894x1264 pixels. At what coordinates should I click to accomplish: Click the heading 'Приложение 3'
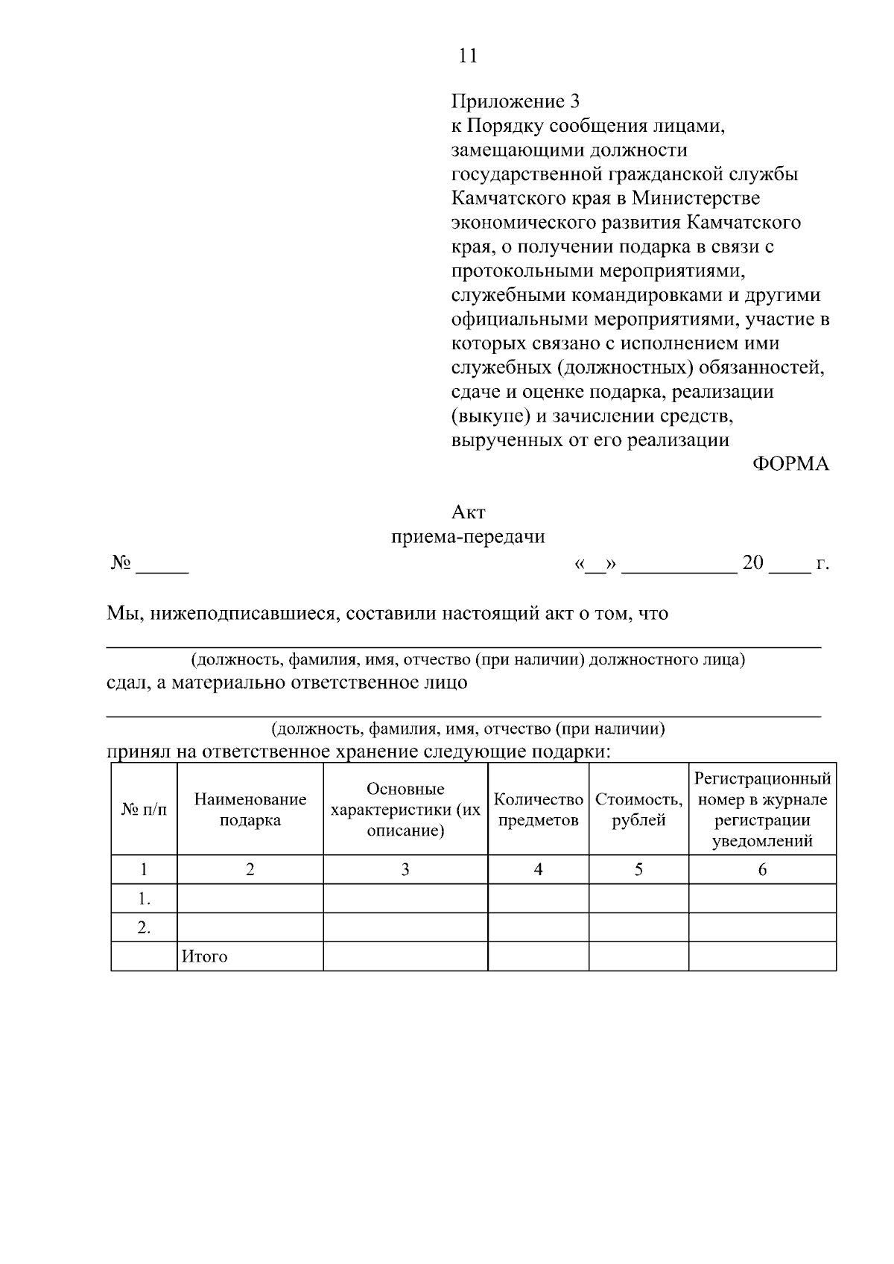515,101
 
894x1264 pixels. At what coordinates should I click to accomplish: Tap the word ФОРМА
790,464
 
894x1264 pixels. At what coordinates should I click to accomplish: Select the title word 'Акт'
468,512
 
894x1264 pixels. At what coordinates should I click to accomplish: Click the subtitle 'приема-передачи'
468,537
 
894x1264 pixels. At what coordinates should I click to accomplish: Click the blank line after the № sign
162,566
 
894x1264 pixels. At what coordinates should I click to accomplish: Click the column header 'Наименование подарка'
250,810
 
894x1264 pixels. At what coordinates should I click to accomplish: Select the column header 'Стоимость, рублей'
638,810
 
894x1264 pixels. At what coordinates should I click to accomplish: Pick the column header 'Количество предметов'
538,810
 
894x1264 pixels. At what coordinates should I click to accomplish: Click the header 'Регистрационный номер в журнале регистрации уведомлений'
762,810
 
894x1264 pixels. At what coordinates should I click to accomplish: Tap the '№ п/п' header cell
144,810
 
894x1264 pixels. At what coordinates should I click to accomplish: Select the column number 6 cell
762,869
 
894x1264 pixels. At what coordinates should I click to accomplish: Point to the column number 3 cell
405,869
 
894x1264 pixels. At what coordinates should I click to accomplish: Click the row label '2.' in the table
144,928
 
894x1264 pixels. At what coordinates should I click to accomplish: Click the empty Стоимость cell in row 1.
638,899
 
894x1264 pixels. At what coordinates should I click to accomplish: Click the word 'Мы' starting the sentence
119,614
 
